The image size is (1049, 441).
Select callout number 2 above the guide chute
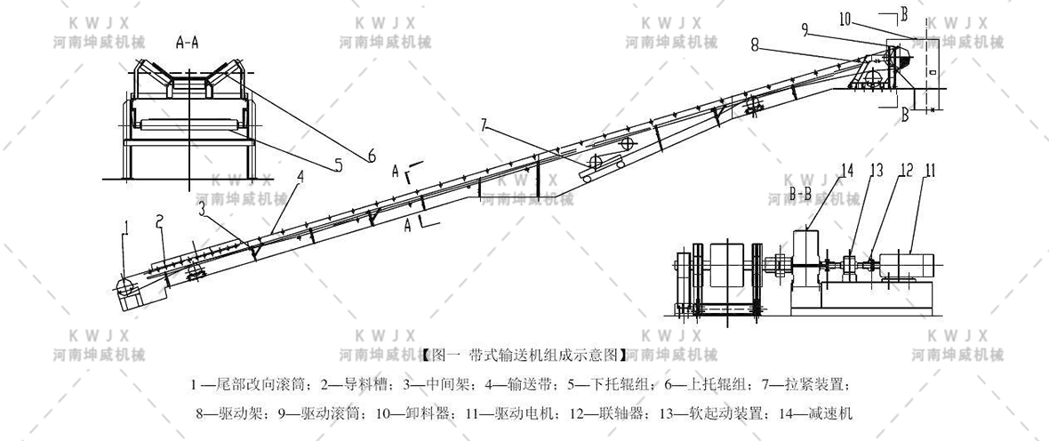(159, 220)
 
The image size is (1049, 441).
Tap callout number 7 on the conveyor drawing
(484, 124)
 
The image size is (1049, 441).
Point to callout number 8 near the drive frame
(754, 41)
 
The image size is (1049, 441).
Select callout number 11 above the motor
(929, 169)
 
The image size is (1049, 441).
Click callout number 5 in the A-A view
(338, 164)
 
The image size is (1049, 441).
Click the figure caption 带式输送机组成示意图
(524, 354)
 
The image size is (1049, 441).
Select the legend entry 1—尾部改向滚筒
(251, 385)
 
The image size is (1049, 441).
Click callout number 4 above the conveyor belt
(300, 177)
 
